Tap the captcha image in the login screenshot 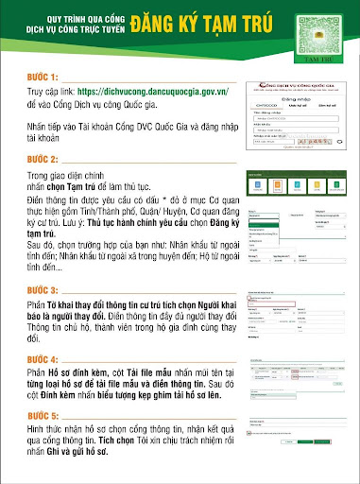(x=307, y=140)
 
